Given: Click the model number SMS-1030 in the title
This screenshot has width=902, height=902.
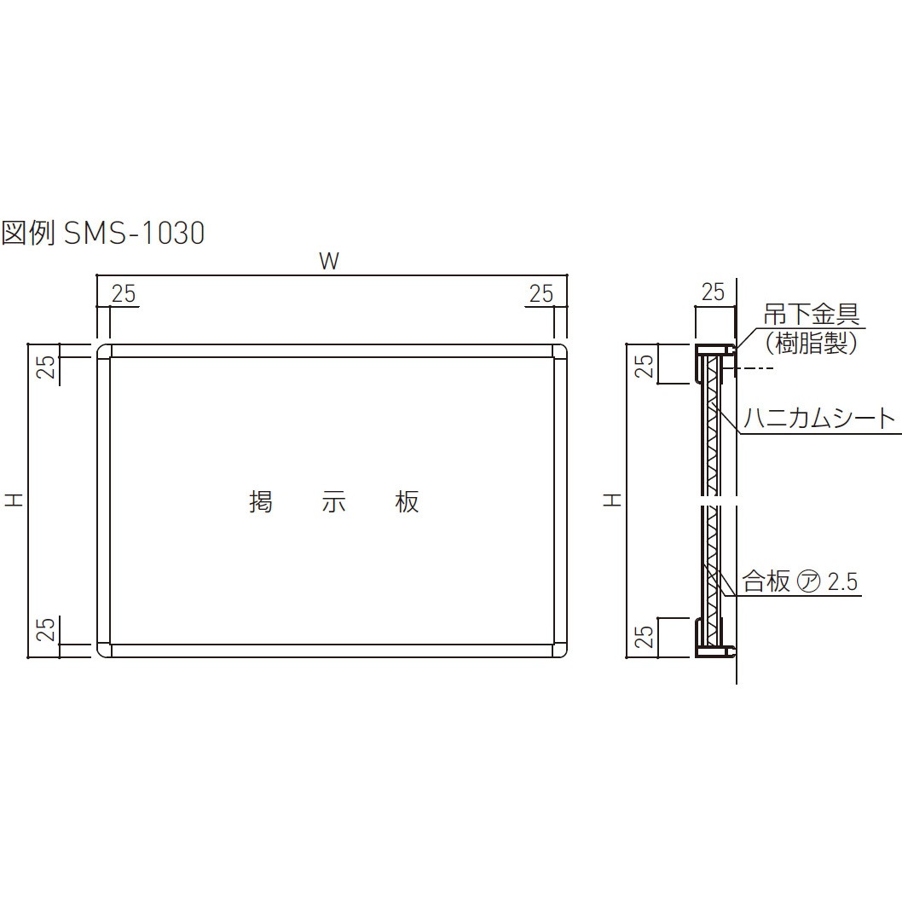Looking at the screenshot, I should pos(135,233).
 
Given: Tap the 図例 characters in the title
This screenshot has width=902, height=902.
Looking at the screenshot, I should pos(29,233).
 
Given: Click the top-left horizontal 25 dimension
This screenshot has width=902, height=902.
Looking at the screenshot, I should pos(124,293).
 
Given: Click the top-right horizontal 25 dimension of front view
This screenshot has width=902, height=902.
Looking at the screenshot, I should pos(541,293).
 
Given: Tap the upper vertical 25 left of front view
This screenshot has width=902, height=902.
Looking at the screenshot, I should pos(48,366).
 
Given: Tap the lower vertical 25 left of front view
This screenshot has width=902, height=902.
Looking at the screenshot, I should pos(48,629).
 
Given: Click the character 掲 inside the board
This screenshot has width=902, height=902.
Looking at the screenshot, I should pos(260,502).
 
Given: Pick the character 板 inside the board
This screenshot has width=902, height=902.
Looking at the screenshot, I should pos(408,502).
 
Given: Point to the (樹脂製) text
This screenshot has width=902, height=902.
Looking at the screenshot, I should pos(810,344).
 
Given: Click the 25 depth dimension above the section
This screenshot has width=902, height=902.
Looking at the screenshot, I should pos(712,292).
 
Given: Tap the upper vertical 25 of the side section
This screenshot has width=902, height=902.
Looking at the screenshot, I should pos(645,366).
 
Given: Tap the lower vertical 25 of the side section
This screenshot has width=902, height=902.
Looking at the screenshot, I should pos(645,636).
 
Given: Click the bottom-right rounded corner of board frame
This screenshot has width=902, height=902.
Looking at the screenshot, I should pos(561,650).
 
